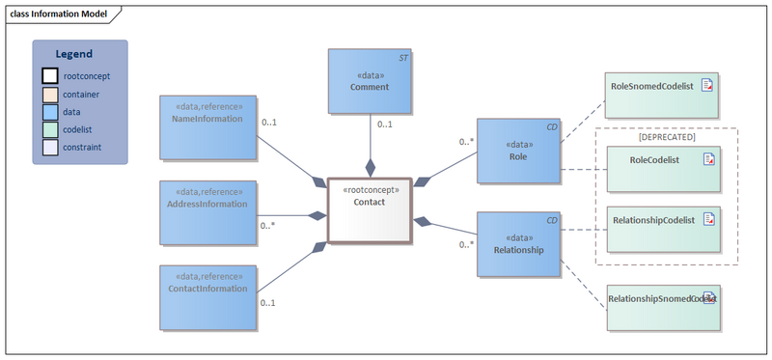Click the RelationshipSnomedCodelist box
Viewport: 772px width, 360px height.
(661, 308)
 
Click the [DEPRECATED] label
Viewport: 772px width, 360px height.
(667, 137)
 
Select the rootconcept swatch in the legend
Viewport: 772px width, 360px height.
(49, 75)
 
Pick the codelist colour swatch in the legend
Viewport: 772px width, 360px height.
(49, 129)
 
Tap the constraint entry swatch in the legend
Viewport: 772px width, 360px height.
(49, 148)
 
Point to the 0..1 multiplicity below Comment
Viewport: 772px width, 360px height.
(384, 125)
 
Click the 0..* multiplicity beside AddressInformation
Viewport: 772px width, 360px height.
(268, 226)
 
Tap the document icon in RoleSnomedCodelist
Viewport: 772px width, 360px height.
(707, 86)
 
